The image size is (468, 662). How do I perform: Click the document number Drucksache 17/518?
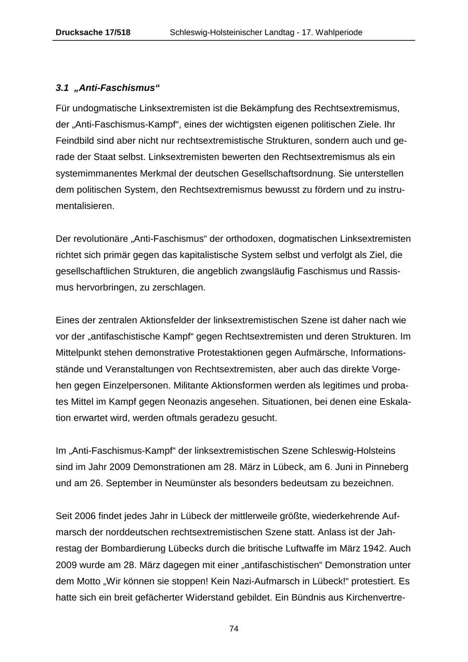(x=93, y=33)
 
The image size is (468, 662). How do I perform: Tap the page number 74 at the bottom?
(x=234, y=629)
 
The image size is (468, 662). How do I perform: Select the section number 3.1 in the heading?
(x=62, y=88)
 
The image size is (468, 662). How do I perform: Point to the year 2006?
(x=86, y=515)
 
